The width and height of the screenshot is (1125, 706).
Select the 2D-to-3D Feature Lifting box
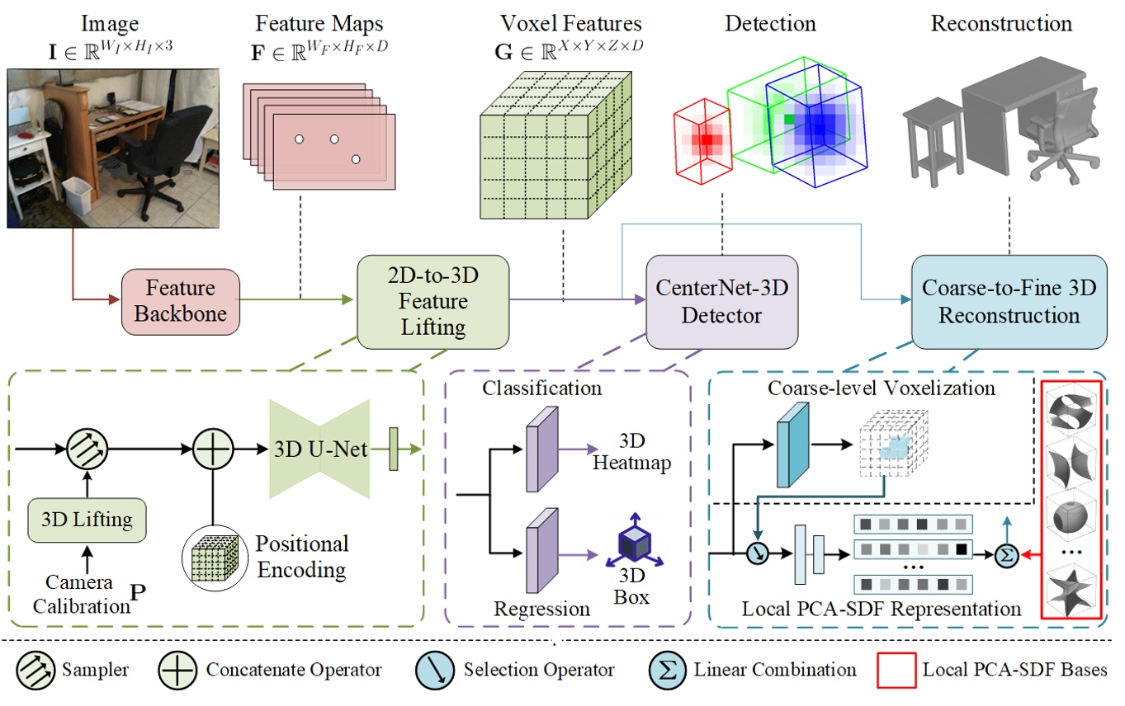(433, 302)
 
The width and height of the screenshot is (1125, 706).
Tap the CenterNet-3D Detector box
(722, 301)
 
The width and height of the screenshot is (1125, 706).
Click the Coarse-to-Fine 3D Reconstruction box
(1009, 302)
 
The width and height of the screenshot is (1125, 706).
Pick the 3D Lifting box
(87, 520)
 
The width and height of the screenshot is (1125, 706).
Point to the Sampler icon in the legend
(35, 670)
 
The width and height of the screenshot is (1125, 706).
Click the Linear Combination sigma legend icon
(667, 670)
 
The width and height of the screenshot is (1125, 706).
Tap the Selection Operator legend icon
(434, 670)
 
